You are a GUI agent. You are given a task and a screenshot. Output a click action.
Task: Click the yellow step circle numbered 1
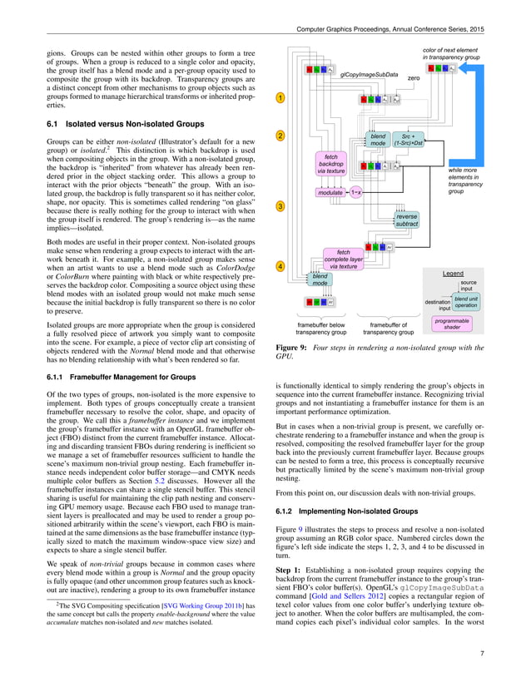click(x=280, y=98)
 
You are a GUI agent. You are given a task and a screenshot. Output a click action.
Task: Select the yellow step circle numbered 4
click(x=280, y=266)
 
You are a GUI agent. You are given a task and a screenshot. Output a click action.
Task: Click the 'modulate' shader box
click(x=331, y=192)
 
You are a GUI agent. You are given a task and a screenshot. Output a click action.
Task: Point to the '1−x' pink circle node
click(x=356, y=192)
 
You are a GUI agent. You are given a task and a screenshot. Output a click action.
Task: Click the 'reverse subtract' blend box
click(x=407, y=220)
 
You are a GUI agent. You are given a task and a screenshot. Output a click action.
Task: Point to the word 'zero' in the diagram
click(x=413, y=77)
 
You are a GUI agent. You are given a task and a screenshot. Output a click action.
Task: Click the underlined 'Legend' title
click(x=454, y=272)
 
